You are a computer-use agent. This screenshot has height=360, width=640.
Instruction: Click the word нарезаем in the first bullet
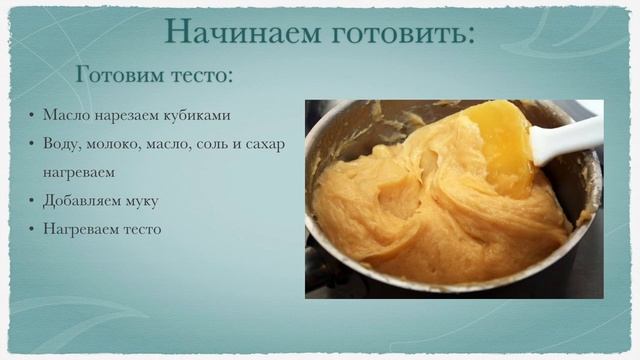coord(124,114)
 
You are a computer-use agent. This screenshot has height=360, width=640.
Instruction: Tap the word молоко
coord(113,143)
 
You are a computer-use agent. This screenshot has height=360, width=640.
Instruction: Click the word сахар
coord(263,143)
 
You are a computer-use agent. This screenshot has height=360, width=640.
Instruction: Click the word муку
coord(142,201)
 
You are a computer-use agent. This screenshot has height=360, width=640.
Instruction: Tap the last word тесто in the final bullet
coord(139,229)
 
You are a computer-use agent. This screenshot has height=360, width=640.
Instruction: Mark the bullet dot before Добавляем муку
coord(32,201)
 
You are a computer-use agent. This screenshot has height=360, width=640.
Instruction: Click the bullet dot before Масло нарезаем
coord(32,114)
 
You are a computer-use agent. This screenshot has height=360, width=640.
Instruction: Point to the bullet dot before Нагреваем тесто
coord(32,229)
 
